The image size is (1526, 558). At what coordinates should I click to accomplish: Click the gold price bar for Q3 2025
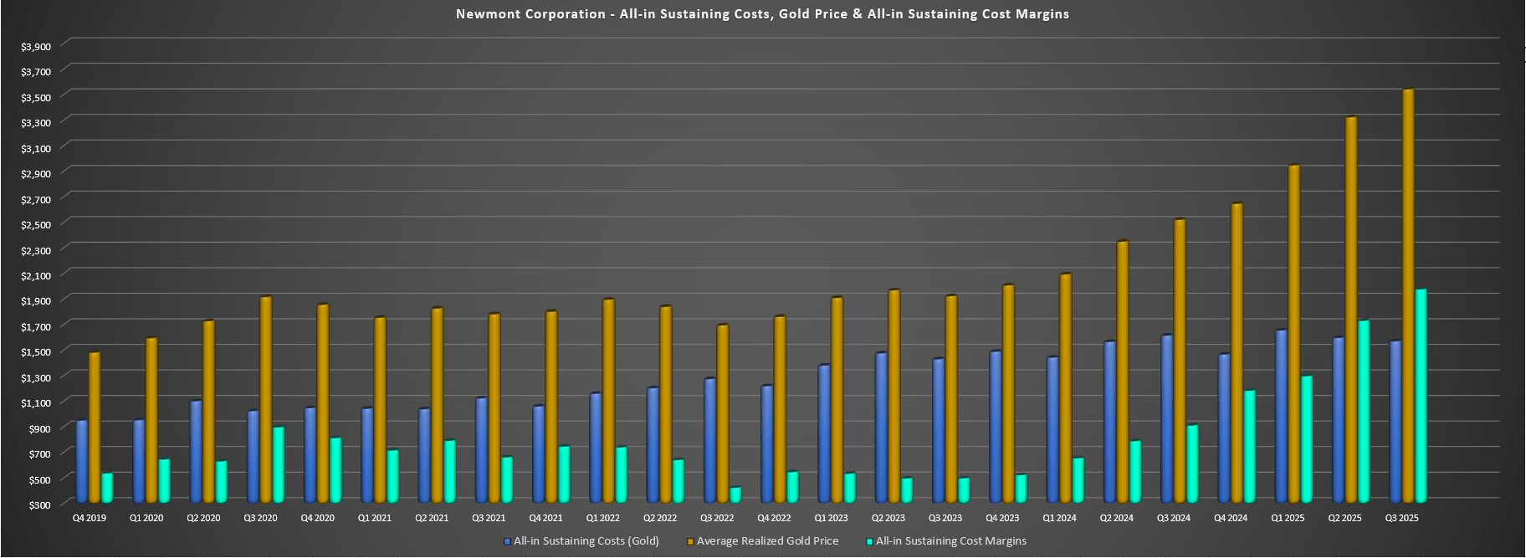click(x=1408, y=297)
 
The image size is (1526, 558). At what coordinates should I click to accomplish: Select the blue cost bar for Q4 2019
click(x=82, y=463)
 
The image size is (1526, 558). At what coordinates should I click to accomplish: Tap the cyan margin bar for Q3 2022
click(x=735, y=496)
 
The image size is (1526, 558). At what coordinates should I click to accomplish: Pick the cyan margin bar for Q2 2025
click(x=1364, y=412)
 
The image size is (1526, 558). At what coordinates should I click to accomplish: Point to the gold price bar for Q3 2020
click(x=265, y=401)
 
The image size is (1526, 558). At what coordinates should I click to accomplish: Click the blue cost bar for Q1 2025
click(x=1281, y=417)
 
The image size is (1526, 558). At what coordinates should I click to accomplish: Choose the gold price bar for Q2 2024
click(x=1123, y=373)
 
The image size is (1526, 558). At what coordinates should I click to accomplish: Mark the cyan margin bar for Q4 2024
click(x=1249, y=448)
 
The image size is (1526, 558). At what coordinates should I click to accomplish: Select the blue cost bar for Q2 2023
click(x=882, y=428)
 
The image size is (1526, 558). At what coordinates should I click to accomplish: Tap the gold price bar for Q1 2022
click(x=608, y=402)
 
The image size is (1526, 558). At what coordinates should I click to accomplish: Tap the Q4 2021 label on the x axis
click(x=545, y=519)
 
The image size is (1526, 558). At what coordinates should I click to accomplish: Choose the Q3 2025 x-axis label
click(x=1401, y=519)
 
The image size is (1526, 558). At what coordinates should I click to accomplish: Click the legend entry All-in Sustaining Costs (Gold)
click(x=586, y=541)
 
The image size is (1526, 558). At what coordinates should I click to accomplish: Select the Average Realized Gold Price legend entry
click(x=767, y=541)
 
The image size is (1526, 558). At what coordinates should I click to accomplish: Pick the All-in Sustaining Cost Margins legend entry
click(x=950, y=541)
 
